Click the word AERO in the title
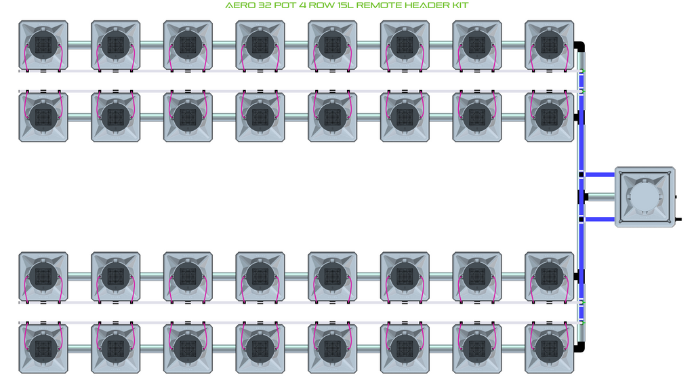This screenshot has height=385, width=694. click(240, 5)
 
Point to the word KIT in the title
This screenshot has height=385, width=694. click(460, 5)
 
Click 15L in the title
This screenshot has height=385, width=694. click(344, 5)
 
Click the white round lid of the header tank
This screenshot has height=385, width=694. click(645, 197)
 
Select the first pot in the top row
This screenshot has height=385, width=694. click(43, 45)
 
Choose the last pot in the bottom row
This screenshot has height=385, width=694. click(549, 348)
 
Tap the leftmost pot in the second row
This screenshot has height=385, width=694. click(43, 117)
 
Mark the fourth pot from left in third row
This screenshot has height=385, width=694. click(260, 277)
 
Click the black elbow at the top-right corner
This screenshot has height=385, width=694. click(580, 47)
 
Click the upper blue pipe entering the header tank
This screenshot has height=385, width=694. click(600, 174)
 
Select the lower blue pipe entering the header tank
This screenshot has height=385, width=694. click(600, 219)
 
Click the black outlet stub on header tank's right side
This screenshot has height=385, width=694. click(678, 219)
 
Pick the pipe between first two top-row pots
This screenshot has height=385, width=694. click(80, 45)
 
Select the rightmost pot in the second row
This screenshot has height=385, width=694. click(549, 117)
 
